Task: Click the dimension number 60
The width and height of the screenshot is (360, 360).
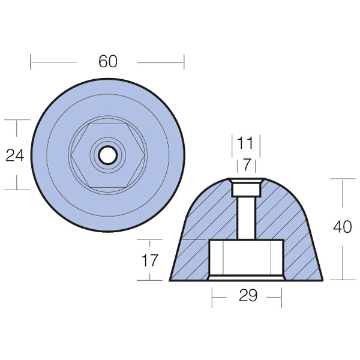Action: click(x=108, y=61)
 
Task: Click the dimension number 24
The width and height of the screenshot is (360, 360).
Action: click(x=14, y=155)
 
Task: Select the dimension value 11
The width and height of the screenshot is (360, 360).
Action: click(x=245, y=143)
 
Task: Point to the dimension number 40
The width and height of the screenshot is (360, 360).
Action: click(x=342, y=228)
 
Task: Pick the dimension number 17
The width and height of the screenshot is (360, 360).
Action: click(x=150, y=260)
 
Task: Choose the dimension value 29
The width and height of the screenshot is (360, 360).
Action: click(x=247, y=296)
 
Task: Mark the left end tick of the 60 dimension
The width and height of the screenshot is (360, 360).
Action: click(x=31, y=61)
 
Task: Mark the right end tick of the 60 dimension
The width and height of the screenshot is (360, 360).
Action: click(x=184, y=61)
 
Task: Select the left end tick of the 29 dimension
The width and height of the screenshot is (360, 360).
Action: click(x=211, y=296)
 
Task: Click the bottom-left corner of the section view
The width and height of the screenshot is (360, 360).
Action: click(x=170, y=280)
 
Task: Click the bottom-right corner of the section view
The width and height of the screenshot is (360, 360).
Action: click(x=323, y=280)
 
